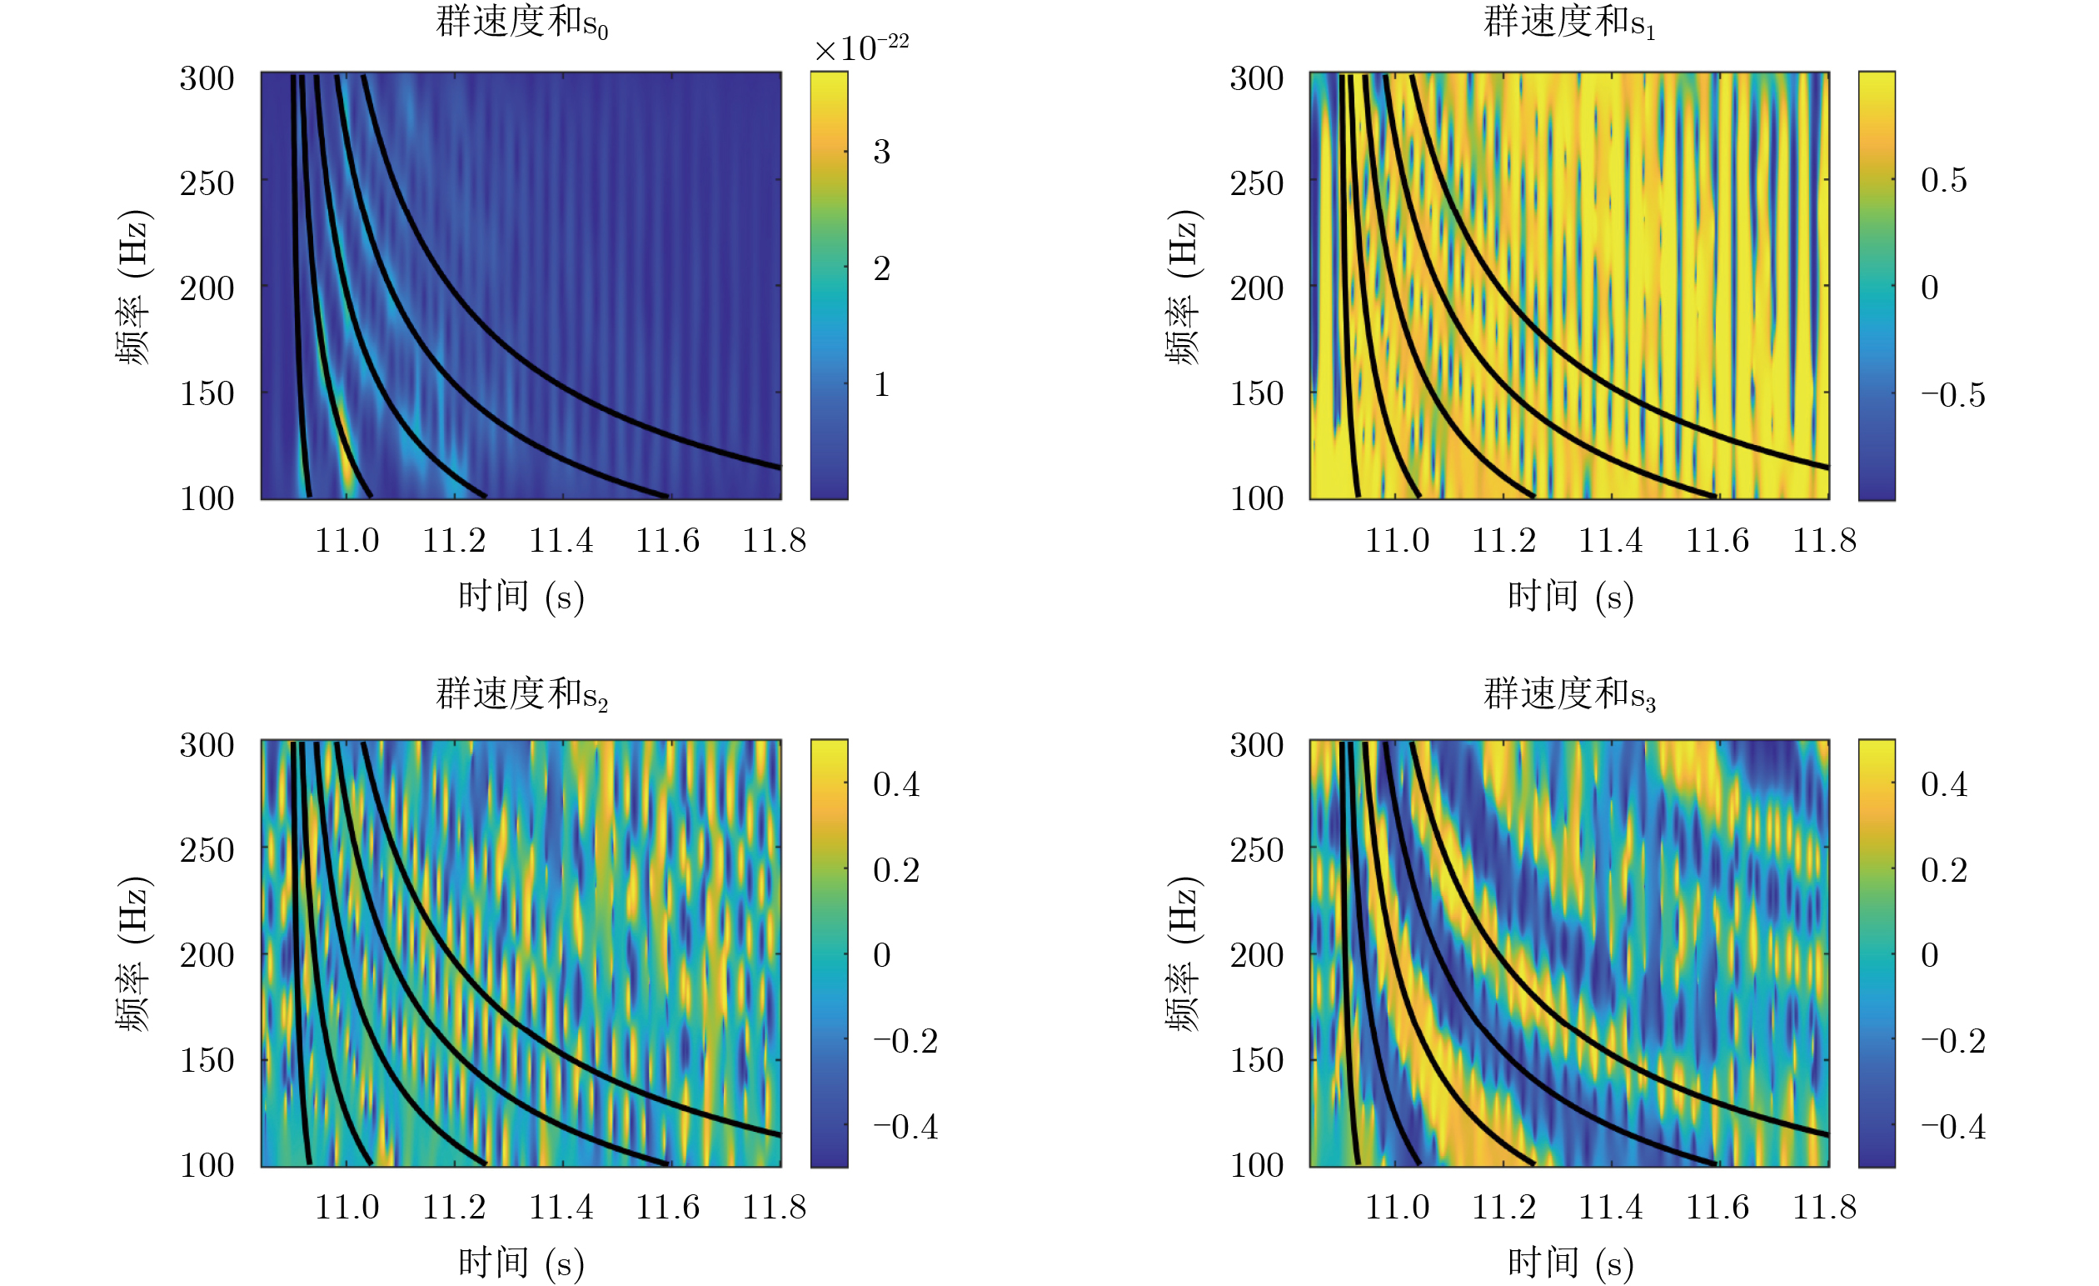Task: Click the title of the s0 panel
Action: click(521, 23)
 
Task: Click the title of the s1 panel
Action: click(1569, 23)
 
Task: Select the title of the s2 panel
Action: click(521, 693)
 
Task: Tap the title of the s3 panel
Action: click(1569, 693)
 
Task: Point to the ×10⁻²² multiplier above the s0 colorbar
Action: click(860, 48)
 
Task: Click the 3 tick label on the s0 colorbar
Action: click(882, 152)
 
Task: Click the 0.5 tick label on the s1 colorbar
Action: click(1944, 180)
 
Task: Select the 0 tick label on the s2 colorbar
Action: click(882, 954)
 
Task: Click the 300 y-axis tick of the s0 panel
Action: click(207, 78)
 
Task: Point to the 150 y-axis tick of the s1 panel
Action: click(1257, 393)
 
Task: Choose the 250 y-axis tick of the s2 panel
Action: click(207, 849)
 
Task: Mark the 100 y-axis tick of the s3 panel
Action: click(1257, 1165)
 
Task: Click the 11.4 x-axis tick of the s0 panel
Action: click(561, 540)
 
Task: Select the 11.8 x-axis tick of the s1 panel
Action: click(1824, 540)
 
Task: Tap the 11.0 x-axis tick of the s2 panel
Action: click(347, 1207)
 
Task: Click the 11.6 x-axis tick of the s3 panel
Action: click(1718, 1207)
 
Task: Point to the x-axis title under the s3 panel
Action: click(1570, 1262)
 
